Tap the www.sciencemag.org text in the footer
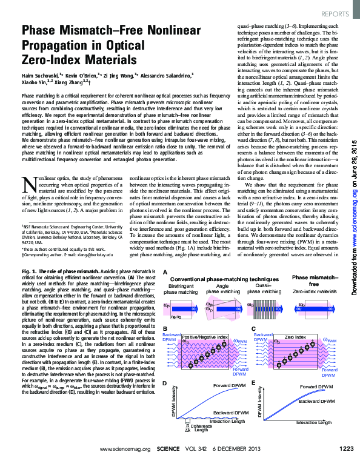click(121, 448)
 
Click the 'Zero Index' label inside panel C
click(296, 335)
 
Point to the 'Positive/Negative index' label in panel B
click(205, 336)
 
